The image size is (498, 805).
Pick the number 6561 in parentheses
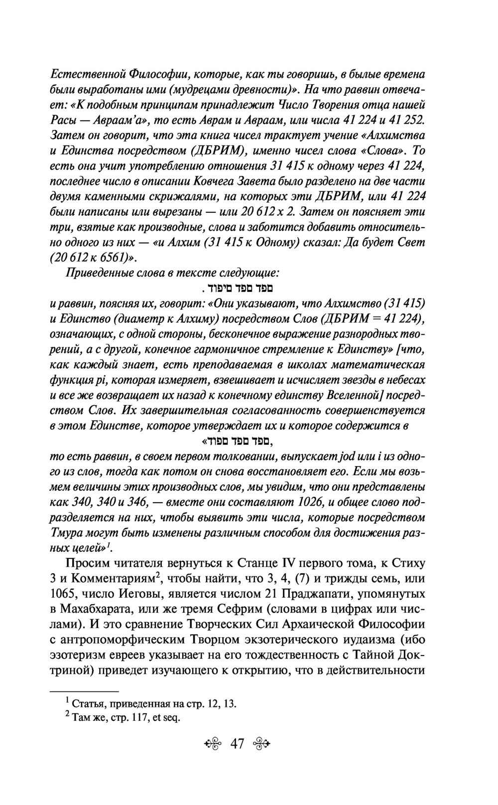pyautogui.click(x=111, y=258)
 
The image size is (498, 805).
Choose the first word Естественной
pyautogui.click(x=85, y=74)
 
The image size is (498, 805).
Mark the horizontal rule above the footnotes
pyautogui.click(x=85, y=691)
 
